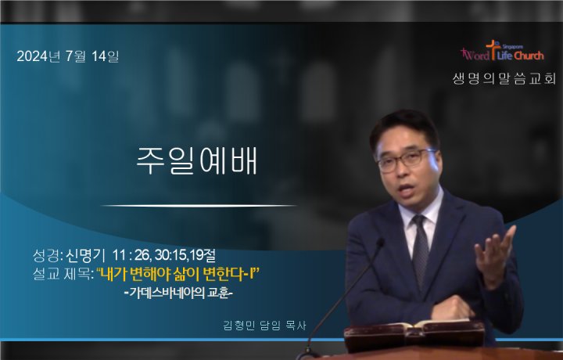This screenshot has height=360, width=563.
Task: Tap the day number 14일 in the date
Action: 105,56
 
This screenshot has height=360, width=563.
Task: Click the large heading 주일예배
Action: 197,161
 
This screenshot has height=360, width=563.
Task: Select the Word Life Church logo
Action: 502,51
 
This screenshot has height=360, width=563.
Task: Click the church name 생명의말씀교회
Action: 504,79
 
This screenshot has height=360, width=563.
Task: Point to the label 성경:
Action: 48,255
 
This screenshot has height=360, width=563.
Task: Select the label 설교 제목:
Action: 63,275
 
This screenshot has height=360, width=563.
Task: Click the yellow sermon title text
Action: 178,275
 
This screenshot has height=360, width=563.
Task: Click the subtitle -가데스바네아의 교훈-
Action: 178,293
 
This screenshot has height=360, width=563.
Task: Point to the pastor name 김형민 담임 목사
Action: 264,326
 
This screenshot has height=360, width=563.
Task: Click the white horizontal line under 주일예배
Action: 199,206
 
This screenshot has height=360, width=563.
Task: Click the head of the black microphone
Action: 378,243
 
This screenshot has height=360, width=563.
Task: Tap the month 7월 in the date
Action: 75,56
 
